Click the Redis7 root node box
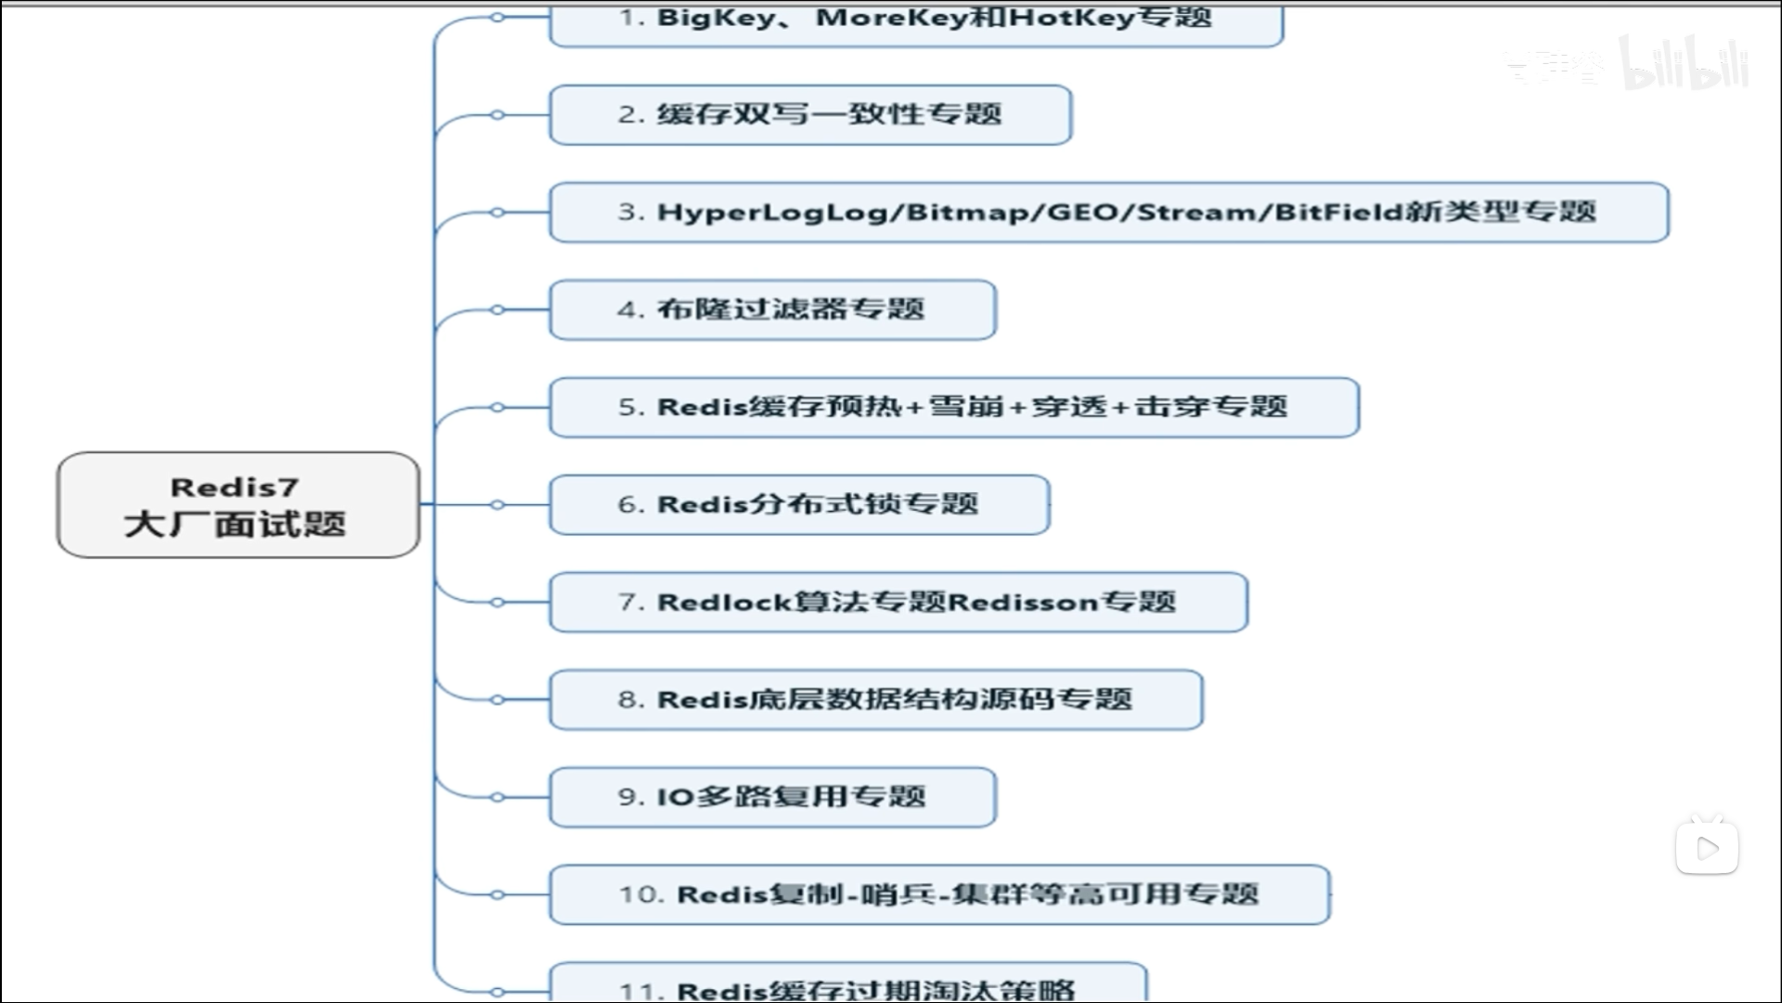238,504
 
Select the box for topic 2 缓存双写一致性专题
810,115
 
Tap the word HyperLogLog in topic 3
771,213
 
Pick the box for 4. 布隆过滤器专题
772,310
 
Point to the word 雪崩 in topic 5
966,407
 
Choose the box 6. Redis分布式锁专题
799,505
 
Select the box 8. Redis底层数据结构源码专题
875,699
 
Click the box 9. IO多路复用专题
772,797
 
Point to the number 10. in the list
641,894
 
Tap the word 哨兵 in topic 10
897,894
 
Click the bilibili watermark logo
1684,65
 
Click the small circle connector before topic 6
497,505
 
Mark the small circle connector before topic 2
497,115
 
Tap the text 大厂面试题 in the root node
235,525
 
